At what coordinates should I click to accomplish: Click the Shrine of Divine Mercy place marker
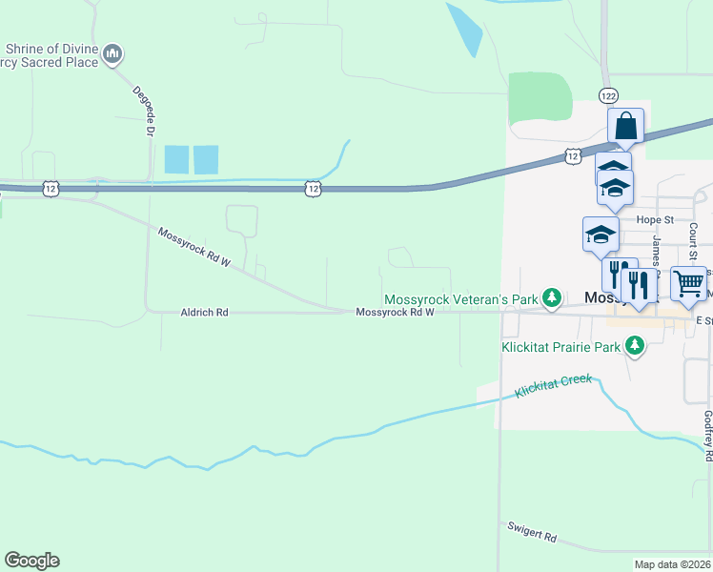113,53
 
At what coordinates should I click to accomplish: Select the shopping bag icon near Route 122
626,125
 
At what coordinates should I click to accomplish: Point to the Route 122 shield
609,95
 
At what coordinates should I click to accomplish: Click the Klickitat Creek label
553,386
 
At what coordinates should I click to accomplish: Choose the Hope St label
655,219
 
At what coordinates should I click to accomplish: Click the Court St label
694,242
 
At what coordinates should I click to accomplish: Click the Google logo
31,561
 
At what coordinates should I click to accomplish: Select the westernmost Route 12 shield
51,189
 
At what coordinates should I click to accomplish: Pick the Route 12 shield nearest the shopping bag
572,155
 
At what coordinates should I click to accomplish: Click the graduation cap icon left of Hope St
601,233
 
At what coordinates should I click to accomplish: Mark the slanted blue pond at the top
464,29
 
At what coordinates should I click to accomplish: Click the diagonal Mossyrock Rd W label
194,247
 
